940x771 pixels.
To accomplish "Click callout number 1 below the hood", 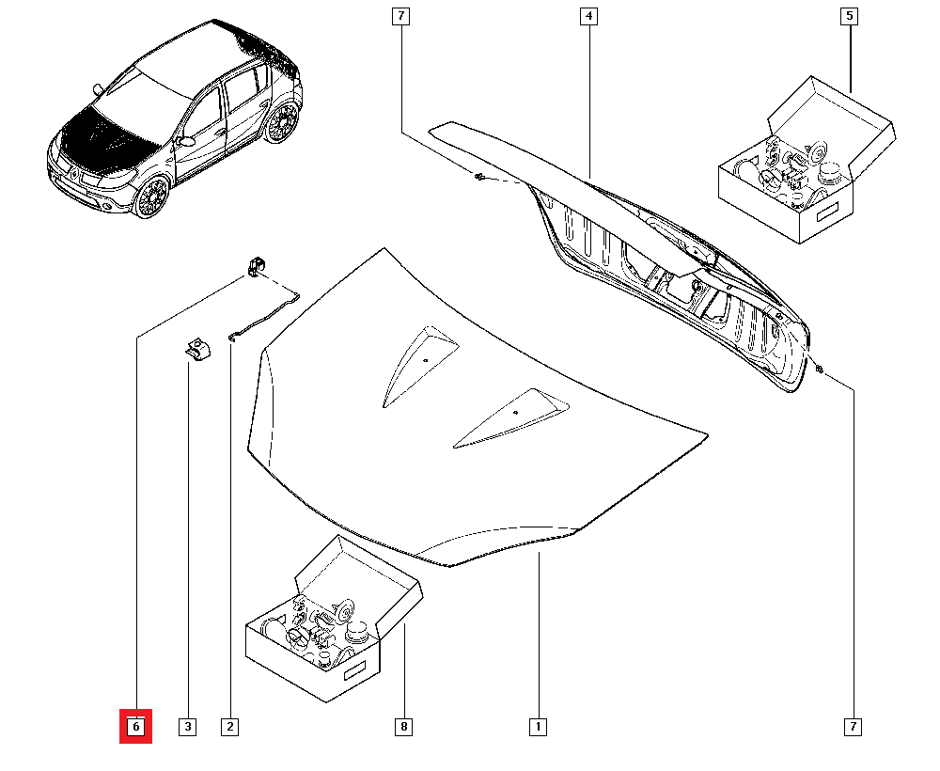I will (538, 727).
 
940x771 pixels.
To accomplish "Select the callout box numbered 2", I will (229, 727).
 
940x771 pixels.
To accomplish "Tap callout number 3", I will (188, 727).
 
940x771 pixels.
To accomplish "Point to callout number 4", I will (588, 16).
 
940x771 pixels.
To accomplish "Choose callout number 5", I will (850, 16).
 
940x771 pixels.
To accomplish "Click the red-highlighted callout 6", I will (135, 727).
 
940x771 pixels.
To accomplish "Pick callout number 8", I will (403, 727).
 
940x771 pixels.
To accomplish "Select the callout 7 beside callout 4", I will (400, 16).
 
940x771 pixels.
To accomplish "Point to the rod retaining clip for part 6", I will (255, 267).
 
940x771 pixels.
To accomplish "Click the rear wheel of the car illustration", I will (280, 123).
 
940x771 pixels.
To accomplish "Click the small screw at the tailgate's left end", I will (480, 177).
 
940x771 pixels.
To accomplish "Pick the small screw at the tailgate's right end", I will (820, 369).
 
